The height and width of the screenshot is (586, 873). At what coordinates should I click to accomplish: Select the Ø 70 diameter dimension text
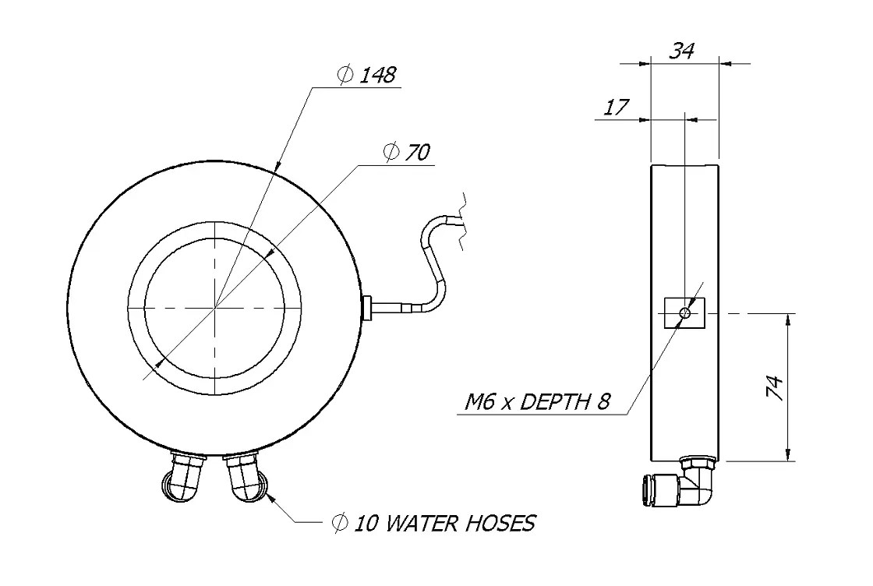(x=407, y=153)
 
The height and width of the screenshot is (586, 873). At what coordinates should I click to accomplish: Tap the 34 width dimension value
(x=683, y=51)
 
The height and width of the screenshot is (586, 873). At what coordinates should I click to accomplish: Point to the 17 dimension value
(x=617, y=108)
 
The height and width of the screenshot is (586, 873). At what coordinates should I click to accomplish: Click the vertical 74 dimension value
(x=774, y=387)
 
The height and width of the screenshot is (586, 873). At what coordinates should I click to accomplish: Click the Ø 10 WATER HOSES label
(x=433, y=523)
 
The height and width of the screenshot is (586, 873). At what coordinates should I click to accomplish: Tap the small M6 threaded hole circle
(x=684, y=313)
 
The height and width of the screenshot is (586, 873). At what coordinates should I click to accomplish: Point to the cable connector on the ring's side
(x=369, y=307)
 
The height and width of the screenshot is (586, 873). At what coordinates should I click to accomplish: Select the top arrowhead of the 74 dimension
(x=788, y=319)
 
